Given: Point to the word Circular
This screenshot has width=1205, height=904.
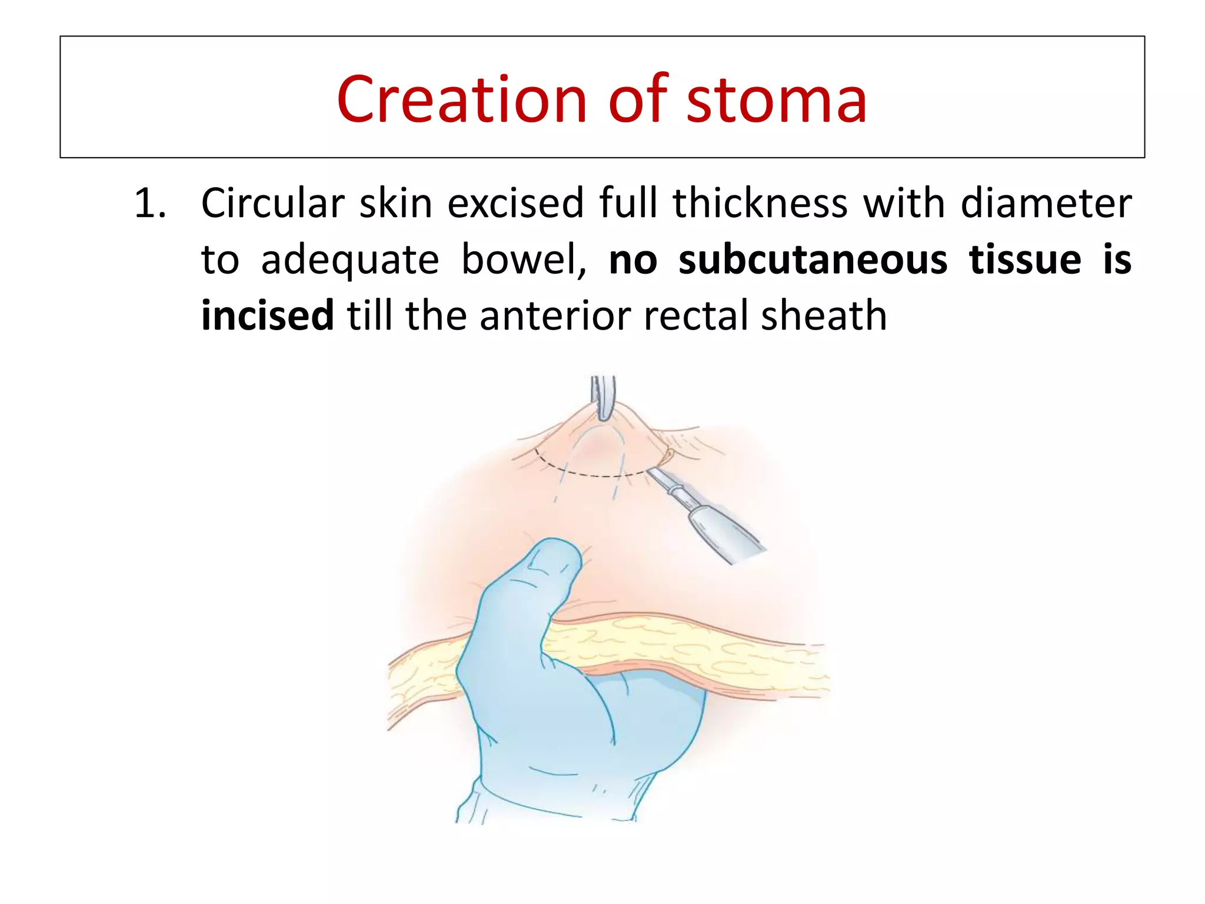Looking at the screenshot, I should pos(272,204).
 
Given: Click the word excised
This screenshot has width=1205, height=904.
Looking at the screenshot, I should pos(515,204).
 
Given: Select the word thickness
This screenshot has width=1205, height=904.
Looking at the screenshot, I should pos(760,204).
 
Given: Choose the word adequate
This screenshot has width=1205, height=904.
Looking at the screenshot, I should pos(349,260).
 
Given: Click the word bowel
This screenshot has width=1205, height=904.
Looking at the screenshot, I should pos(522,260).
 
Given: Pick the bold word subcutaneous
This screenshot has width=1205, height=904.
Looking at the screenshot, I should pos(813,260).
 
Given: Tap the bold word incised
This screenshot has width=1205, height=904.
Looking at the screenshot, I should pos(268,316).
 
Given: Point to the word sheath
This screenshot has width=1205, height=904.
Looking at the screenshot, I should pos(824,316).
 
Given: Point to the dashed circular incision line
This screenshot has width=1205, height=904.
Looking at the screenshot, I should pos(594,474).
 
